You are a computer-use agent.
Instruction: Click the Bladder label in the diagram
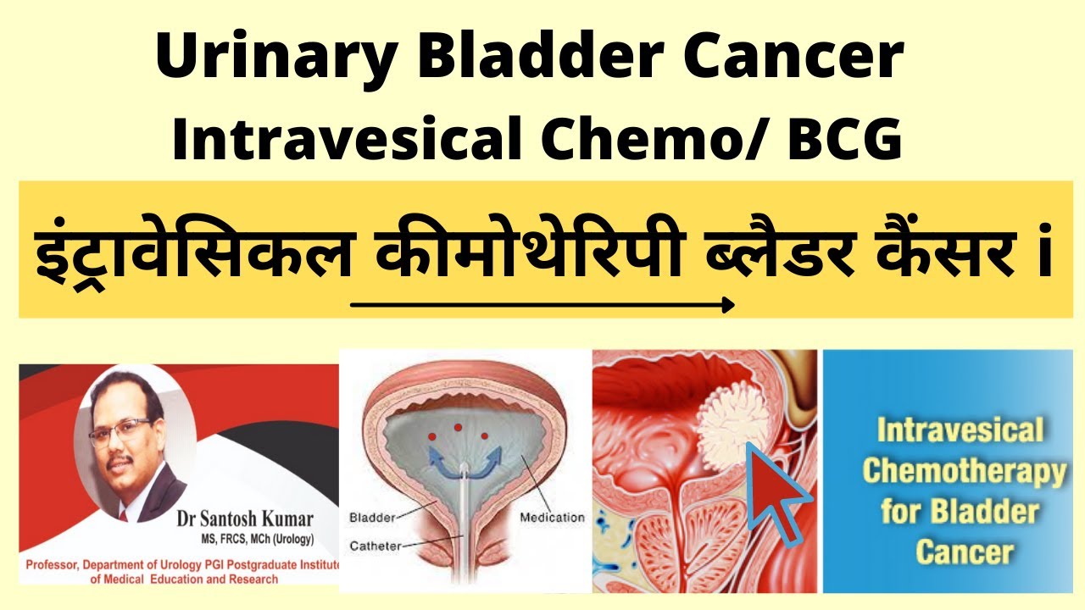(x=370, y=517)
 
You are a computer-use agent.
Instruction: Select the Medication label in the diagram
(x=552, y=517)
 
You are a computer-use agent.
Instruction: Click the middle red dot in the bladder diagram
(x=459, y=427)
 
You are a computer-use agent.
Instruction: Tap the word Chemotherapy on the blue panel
(x=964, y=472)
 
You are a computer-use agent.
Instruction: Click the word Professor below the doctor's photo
(x=54, y=564)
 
